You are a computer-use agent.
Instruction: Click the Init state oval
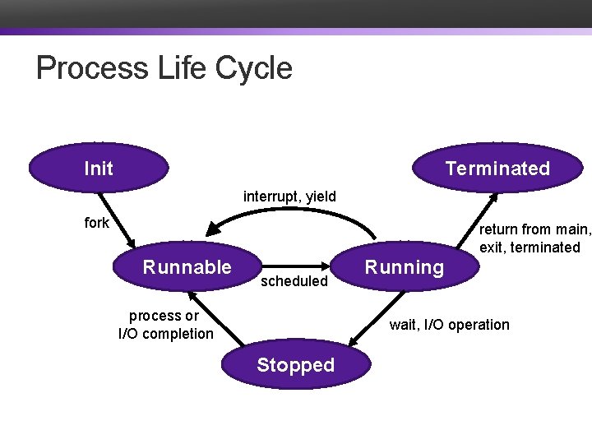99,169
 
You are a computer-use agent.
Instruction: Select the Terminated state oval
497,169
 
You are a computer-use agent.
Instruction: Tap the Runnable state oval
187,266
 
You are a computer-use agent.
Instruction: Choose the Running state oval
404,266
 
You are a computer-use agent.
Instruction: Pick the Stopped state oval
295,365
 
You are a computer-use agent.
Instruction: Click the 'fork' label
96,223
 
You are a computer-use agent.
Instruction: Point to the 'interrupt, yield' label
289,197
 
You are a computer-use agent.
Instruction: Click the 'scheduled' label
294,281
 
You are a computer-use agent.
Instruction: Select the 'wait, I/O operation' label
449,325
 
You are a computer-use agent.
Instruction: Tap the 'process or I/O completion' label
165,325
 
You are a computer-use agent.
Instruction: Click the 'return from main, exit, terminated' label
534,238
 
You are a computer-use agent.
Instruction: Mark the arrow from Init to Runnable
117,219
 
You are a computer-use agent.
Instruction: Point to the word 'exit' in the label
492,247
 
